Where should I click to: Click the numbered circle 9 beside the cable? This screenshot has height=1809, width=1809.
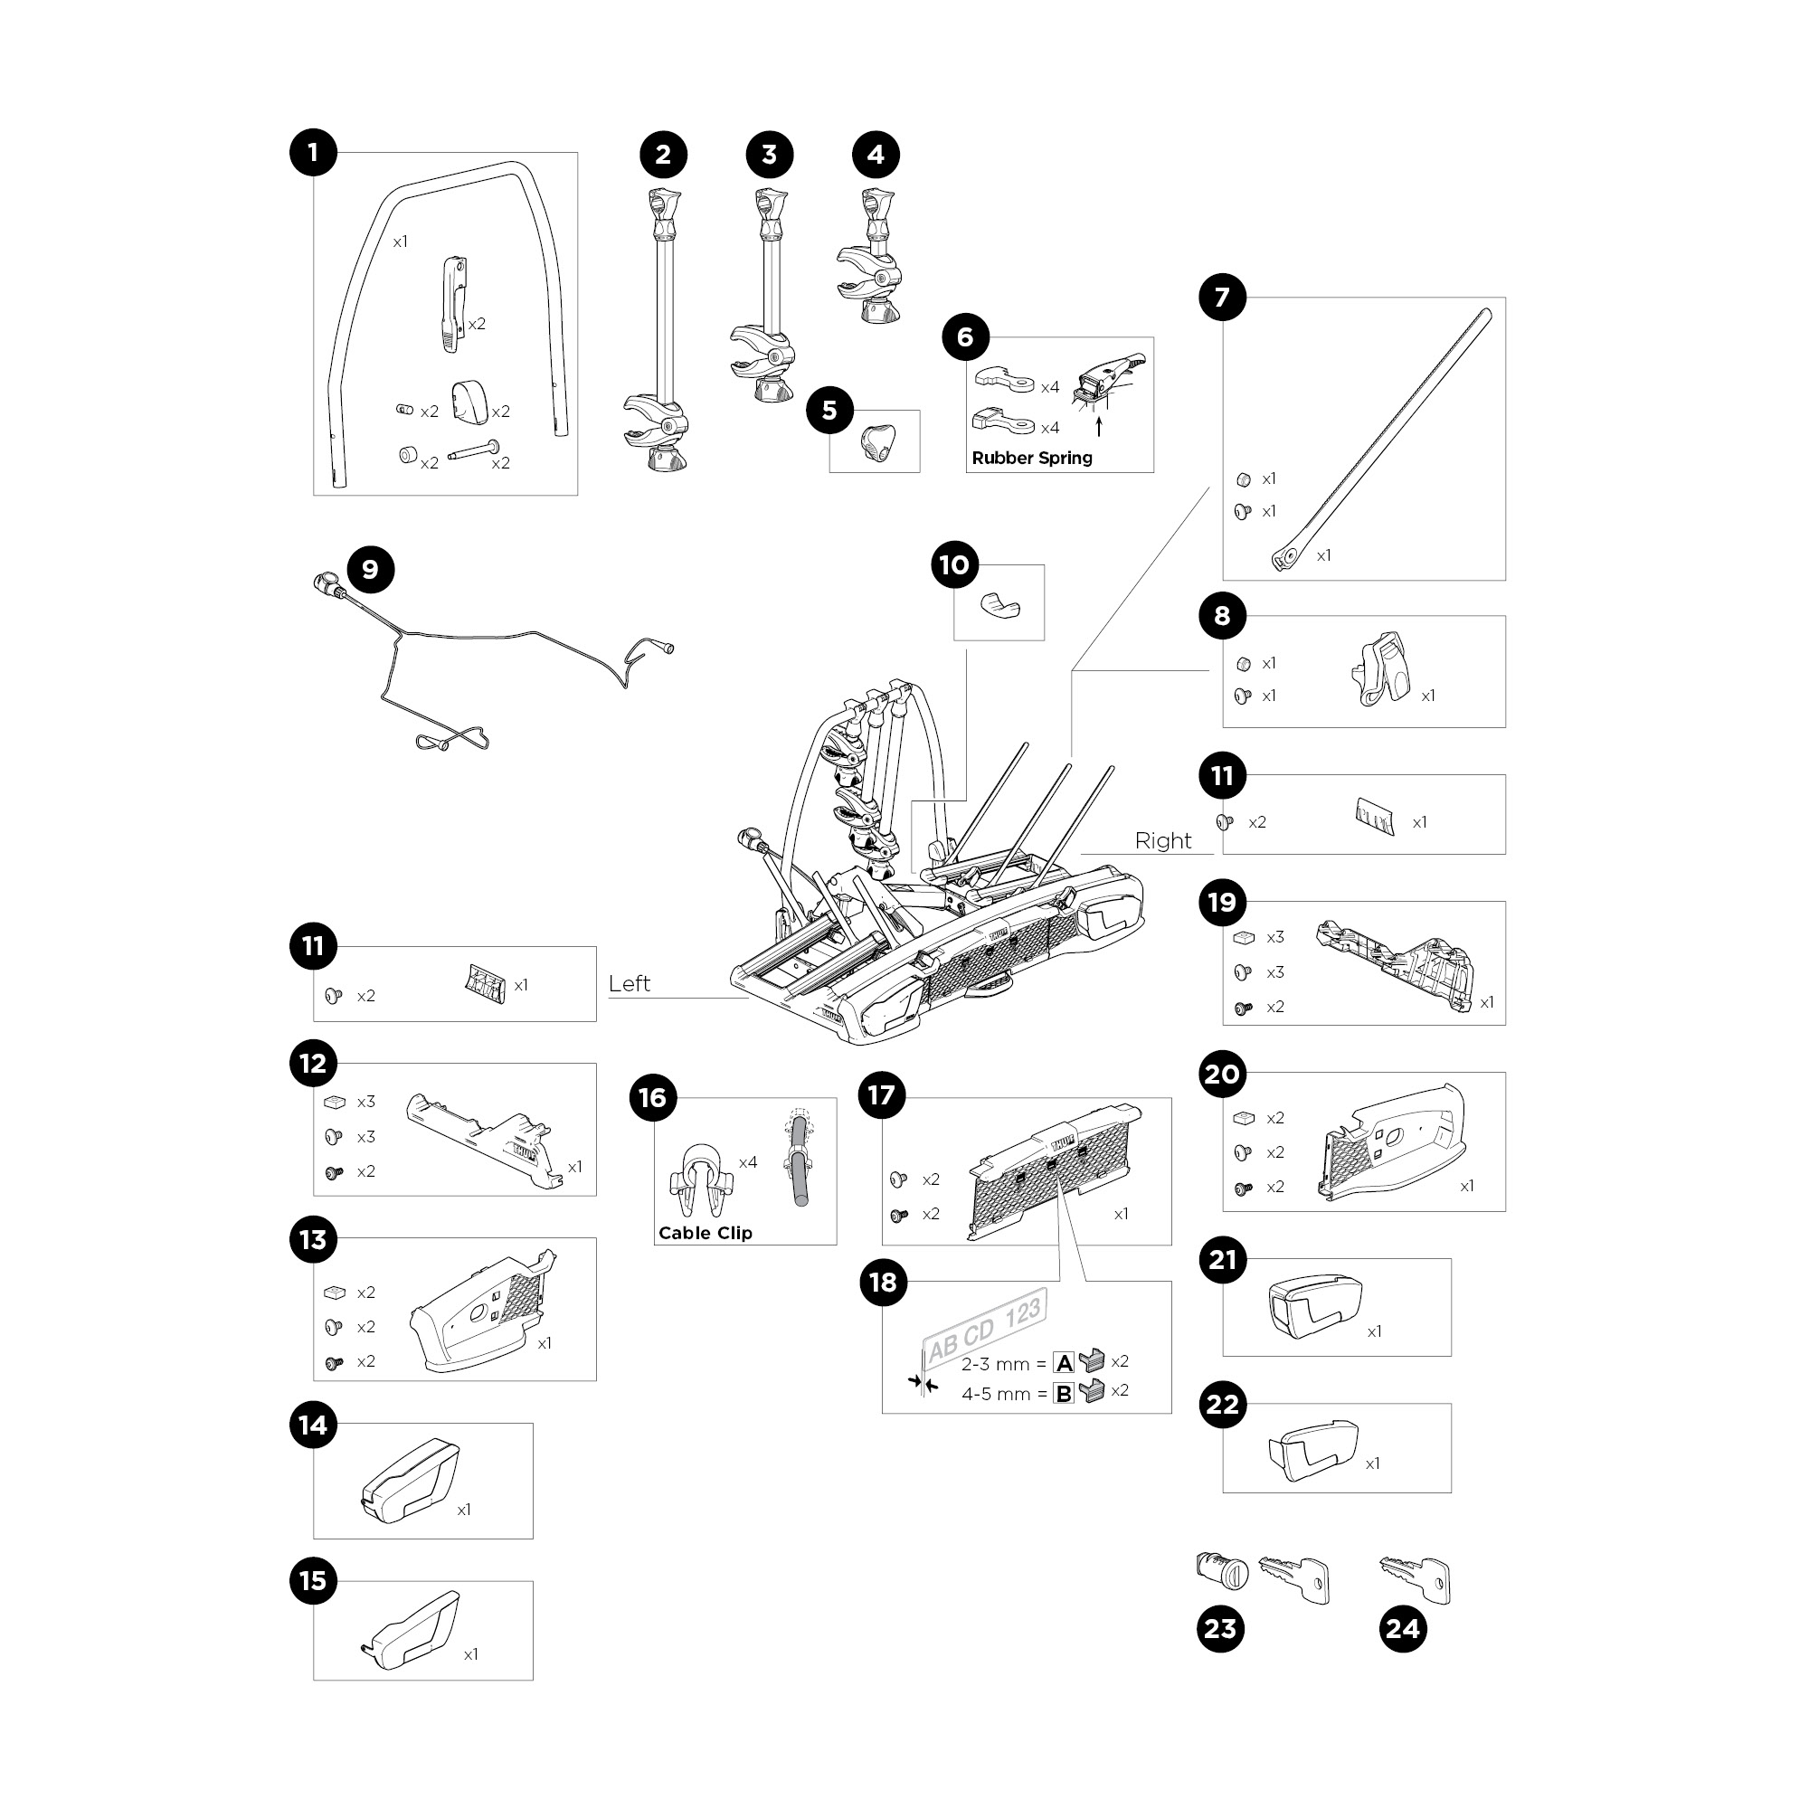pyautogui.click(x=371, y=570)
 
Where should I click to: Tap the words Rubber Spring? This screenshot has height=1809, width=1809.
pyautogui.click(x=1032, y=458)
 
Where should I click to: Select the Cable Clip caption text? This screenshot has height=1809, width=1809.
pyautogui.click(x=706, y=1233)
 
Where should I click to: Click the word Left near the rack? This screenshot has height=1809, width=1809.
pyautogui.click(x=629, y=984)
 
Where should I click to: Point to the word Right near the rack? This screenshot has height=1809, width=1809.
pyautogui.click(x=1163, y=841)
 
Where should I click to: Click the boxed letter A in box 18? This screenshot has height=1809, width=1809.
pyautogui.click(x=1064, y=1363)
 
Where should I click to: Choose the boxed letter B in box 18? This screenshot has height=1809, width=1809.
pyautogui.click(x=1064, y=1393)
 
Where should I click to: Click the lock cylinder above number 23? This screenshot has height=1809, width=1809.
pyautogui.click(x=1223, y=1568)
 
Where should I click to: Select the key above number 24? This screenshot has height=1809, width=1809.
pyautogui.click(x=1416, y=1578)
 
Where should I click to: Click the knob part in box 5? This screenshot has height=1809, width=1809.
pyautogui.click(x=877, y=442)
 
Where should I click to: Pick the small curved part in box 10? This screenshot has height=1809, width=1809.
pyautogui.click(x=1000, y=605)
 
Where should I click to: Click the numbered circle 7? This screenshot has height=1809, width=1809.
pyautogui.click(x=1223, y=298)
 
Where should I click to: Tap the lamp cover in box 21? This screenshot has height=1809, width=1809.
pyautogui.click(x=1313, y=1306)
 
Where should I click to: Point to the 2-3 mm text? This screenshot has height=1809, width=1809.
pyautogui.click(x=995, y=1364)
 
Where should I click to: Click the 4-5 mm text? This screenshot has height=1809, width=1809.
pyautogui.click(x=995, y=1394)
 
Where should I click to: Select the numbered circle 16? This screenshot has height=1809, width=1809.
pyautogui.click(x=653, y=1097)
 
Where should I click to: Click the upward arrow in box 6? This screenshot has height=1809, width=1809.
pyautogui.click(x=1099, y=427)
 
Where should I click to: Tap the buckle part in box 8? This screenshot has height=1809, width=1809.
pyautogui.click(x=1381, y=668)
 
